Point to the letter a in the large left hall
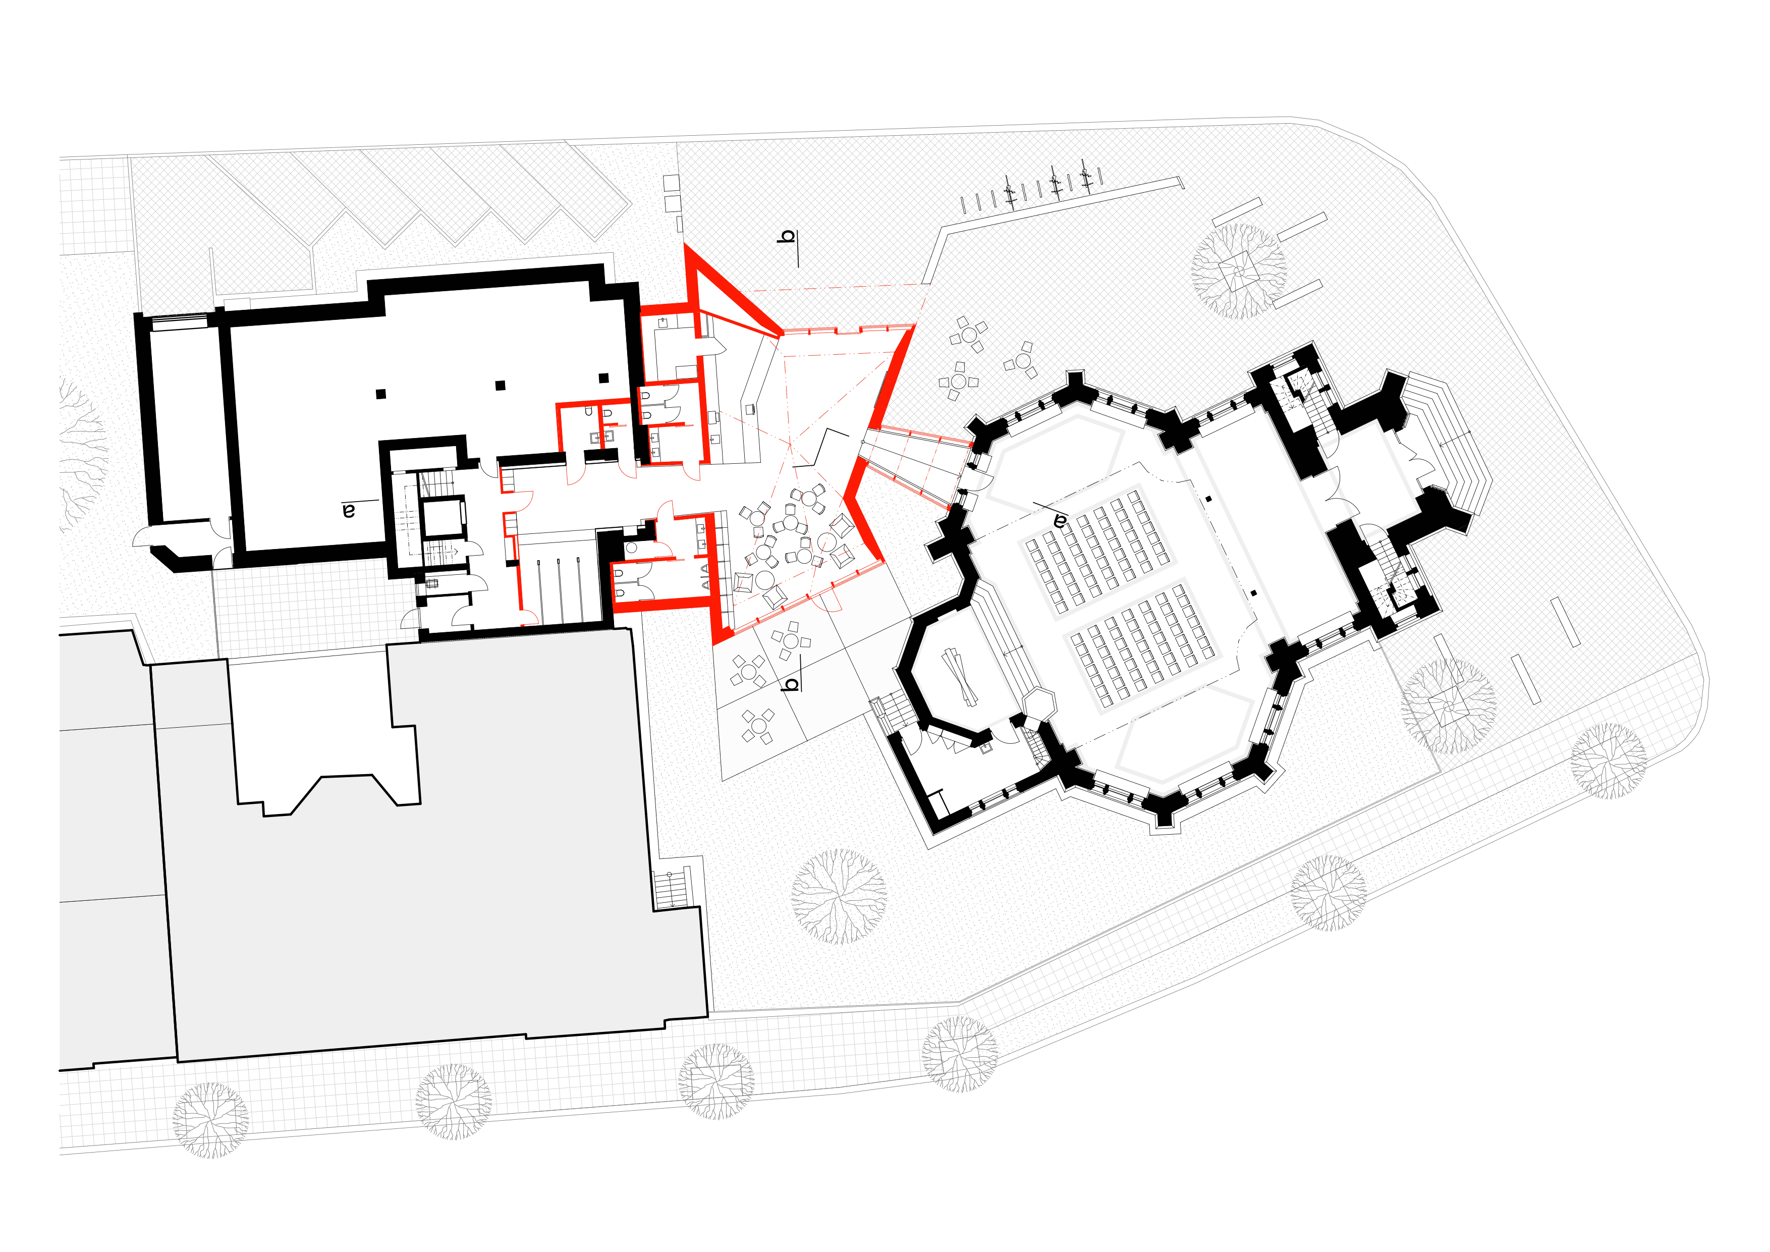tap(349, 510)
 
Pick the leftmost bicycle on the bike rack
tap(1009, 190)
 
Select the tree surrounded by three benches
tap(1238, 271)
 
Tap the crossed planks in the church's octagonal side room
tap(961, 677)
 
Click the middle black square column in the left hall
tap(501, 386)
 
